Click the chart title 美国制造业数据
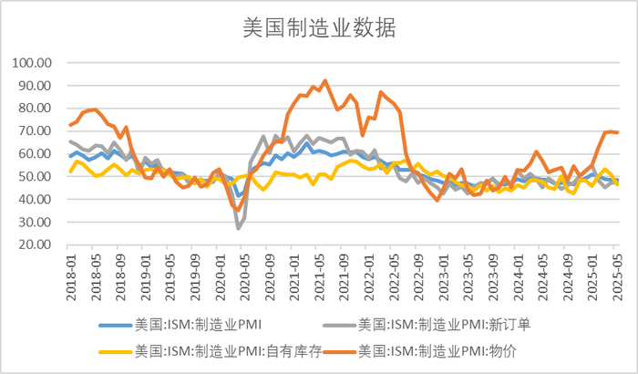[x=318, y=27]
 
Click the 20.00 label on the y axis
[x=36, y=244]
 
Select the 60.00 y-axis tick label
[x=36, y=154]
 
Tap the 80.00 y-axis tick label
[x=36, y=109]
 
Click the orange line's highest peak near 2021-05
[x=324, y=81]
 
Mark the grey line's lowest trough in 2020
[x=239, y=228]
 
